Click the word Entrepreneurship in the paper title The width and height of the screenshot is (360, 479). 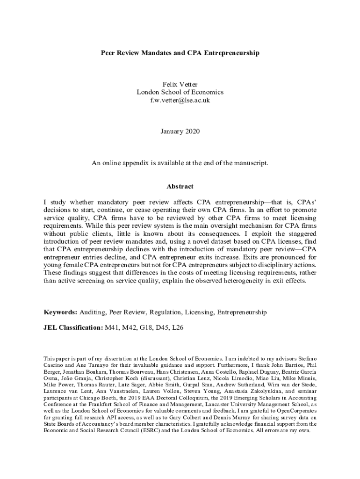tap(230, 53)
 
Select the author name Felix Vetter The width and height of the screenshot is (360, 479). tap(180, 84)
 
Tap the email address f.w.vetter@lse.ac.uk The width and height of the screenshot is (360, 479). tap(180, 100)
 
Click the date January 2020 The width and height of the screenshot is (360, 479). tap(180, 131)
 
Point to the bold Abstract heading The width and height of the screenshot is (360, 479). tap(180, 186)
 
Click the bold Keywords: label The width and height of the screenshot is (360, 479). tap(60, 312)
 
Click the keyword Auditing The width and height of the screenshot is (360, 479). tap(92, 312)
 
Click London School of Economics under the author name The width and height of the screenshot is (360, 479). tap(180, 92)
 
